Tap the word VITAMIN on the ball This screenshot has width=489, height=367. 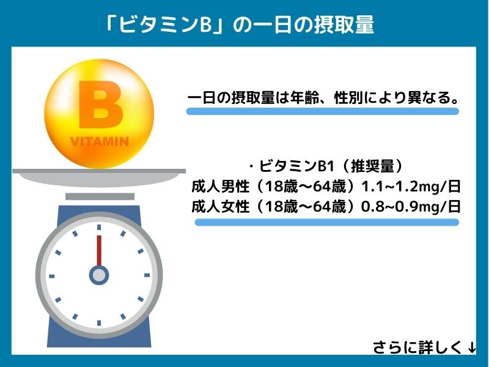click(100, 142)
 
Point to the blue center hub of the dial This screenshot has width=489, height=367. click(98, 275)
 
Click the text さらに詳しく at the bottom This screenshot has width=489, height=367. click(418, 347)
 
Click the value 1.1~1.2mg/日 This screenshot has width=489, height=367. click(411, 186)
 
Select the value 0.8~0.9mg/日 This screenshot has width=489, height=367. click(411, 206)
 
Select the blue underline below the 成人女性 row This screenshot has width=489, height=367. click(326, 222)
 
